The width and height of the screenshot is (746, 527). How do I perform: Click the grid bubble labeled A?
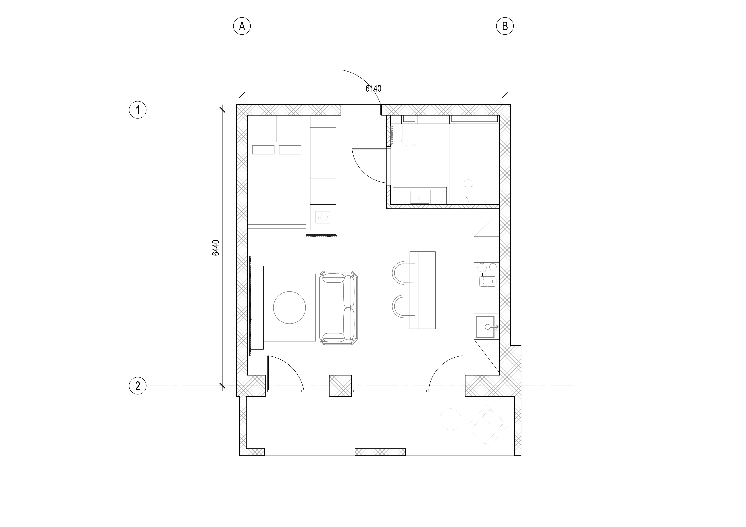coord(242,26)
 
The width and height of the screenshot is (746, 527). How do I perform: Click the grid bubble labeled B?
coord(505,26)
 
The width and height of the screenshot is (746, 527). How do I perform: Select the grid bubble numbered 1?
coord(138,110)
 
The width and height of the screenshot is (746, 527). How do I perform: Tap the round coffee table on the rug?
coord(289,308)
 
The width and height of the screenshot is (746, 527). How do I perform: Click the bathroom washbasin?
coord(420,197)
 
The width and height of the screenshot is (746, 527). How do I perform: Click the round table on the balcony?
coord(450,419)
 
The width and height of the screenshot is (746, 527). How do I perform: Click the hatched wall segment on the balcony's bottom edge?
coord(380,452)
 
